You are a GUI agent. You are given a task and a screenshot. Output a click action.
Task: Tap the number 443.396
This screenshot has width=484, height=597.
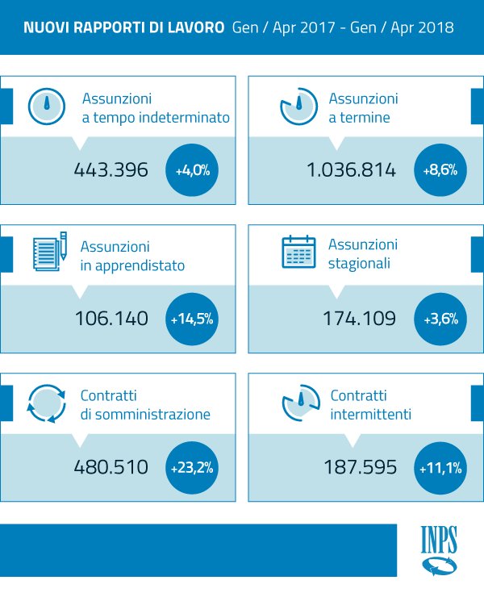[x=111, y=170]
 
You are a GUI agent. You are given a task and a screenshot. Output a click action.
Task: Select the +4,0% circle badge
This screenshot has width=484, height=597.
[x=192, y=170]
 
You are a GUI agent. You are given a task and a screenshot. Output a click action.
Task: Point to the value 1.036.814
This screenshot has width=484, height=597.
[x=351, y=170]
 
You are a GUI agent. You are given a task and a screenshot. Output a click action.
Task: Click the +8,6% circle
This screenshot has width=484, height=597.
[x=440, y=170]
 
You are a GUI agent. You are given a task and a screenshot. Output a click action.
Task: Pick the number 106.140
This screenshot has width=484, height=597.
[x=111, y=319]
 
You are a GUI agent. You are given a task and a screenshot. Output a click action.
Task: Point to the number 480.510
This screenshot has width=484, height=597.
[x=111, y=467]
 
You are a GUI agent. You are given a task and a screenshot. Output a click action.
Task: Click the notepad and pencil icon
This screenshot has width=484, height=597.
[x=48, y=253]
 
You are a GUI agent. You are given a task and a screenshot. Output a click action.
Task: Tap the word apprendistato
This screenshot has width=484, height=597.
[x=144, y=265]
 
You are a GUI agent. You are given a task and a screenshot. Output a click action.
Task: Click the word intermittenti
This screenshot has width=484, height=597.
[x=371, y=415]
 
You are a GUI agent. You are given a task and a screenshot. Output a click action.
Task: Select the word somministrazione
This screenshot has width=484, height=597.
[x=154, y=415]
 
